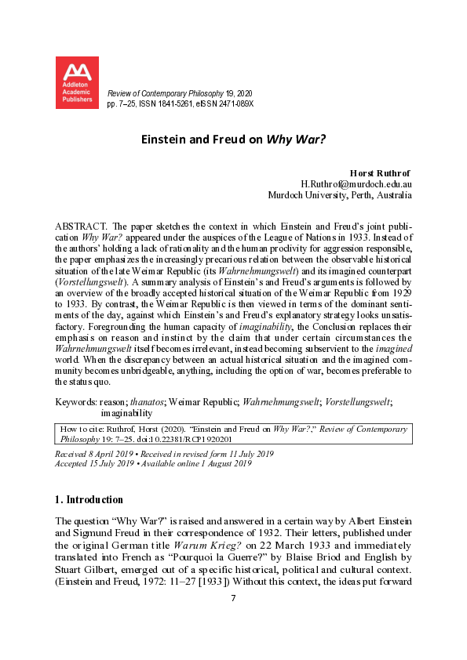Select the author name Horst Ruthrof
(x=380, y=172)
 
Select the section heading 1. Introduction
(x=89, y=499)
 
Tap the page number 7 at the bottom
(x=233, y=599)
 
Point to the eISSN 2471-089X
(x=233, y=103)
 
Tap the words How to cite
(x=80, y=430)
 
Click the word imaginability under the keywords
(x=126, y=412)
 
